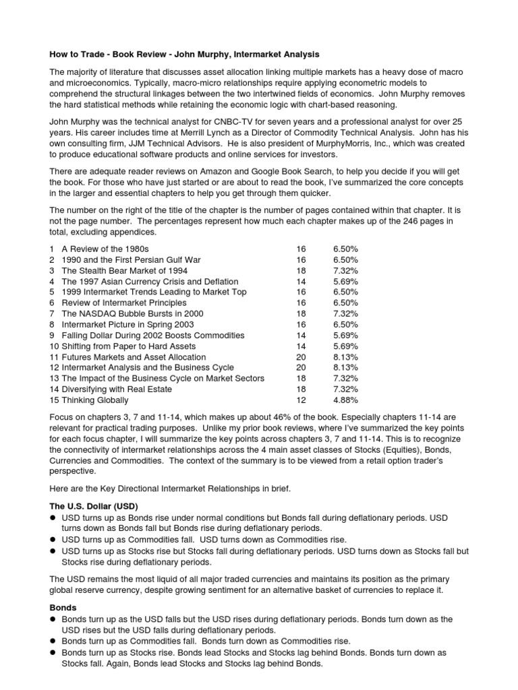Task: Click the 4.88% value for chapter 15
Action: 345,400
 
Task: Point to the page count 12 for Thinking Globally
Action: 300,400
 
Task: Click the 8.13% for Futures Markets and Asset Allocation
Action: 345,356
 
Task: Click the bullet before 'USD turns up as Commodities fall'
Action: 52,540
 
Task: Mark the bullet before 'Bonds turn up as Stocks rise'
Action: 52,654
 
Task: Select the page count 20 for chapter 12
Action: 300,367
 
